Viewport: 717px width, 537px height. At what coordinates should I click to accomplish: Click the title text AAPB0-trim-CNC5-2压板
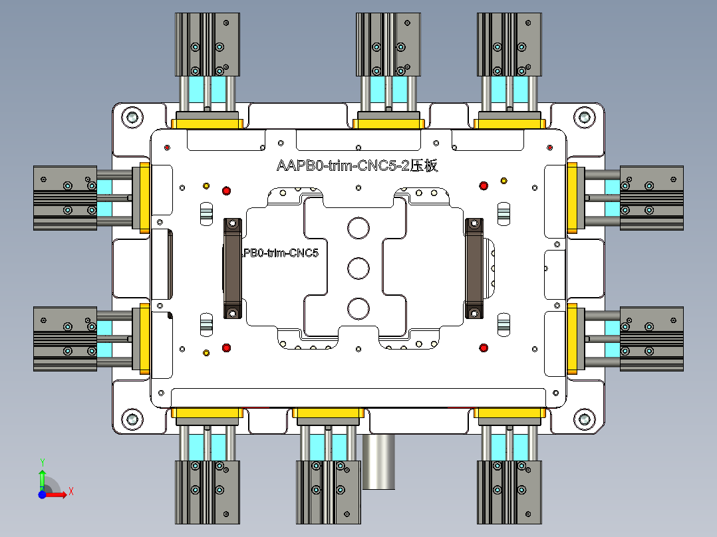coord(357,166)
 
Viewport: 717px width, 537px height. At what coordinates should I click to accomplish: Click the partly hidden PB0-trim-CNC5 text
coord(281,253)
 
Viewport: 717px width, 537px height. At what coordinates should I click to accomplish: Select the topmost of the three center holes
coord(358,228)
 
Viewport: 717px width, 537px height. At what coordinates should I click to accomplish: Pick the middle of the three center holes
coord(358,268)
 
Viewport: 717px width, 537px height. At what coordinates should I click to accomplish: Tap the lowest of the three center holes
coord(358,308)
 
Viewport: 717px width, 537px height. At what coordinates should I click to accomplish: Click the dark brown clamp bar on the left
coord(231,268)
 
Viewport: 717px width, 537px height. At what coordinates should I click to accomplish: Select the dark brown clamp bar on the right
coord(474,268)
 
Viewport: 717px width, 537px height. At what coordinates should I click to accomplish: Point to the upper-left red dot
coord(226,191)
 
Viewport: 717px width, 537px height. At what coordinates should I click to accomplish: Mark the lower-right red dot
coord(484,348)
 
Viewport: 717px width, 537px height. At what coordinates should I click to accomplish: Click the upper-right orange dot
coord(503,181)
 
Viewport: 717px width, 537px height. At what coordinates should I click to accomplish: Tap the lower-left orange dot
coord(206,352)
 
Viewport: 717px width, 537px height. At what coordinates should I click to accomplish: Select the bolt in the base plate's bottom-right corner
coord(584,419)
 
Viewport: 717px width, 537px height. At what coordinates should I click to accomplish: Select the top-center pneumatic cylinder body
coord(388,45)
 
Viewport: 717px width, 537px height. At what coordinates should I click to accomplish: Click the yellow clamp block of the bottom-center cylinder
coord(328,416)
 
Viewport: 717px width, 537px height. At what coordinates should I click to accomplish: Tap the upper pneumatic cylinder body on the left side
coord(65,198)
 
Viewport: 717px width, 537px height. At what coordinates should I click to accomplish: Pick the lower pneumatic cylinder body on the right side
coord(651,338)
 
